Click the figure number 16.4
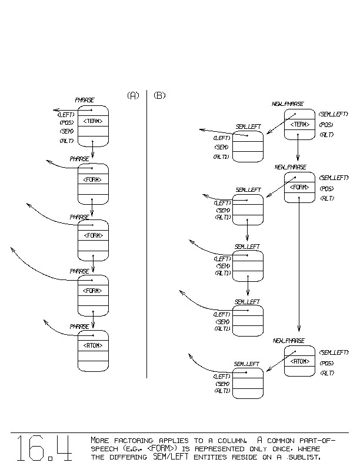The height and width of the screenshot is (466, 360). (x=44, y=448)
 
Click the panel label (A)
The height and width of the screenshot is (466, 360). (x=133, y=95)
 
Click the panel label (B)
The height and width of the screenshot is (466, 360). (x=159, y=95)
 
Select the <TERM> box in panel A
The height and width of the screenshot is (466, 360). (x=93, y=121)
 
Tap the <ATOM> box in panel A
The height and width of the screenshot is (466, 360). (x=93, y=345)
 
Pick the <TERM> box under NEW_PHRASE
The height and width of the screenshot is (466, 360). (x=299, y=124)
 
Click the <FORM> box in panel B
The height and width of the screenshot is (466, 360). (x=299, y=187)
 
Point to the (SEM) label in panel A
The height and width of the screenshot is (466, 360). (x=66, y=132)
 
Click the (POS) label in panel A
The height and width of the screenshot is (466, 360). (x=66, y=123)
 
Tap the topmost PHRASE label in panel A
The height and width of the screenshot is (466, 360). (x=85, y=101)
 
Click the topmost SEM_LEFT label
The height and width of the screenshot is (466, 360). (x=248, y=127)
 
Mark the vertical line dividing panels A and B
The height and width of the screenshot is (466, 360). (x=146, y=235)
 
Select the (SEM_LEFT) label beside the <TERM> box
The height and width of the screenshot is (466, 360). (x=334, y=114)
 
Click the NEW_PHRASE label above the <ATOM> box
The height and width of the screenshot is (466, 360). (x=288, y=341)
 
